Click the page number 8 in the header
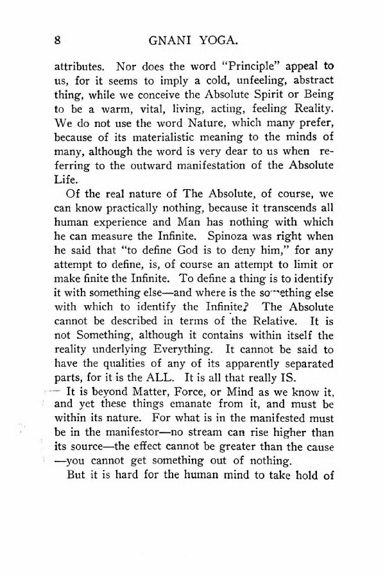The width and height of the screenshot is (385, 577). [57, 40]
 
